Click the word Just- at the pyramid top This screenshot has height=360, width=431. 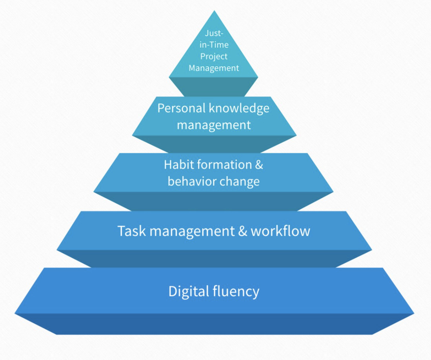coord(214,33)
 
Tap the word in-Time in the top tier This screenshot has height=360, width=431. coord(214,45)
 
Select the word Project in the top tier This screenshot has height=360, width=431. coord(214,57)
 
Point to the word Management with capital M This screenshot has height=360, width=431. coord(214,68)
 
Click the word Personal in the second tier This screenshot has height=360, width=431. coord(182,108)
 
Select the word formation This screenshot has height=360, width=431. coord(225,165)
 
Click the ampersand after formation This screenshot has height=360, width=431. coord(259,165)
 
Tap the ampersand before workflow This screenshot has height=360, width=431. coord(243,231)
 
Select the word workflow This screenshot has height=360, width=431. coord(280,231)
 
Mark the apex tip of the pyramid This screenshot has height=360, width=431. coord(215,11)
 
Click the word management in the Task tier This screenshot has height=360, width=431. coord(192,232)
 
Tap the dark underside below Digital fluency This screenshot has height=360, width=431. coord(215,324)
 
